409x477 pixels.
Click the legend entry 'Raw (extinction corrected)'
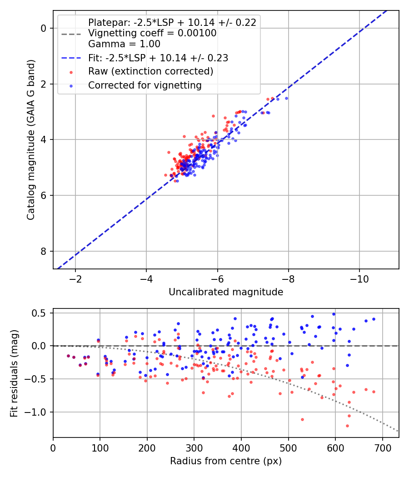coord(150,71)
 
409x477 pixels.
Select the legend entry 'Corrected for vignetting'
coord(145,85)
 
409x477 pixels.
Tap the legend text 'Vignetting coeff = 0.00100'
coord(152,33)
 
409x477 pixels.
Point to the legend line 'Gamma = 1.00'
coord(124,44)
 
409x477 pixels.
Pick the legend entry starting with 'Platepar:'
coord(172,23)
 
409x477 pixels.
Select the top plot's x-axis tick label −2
coord(75,279)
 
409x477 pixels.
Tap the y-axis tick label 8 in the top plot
coord(44,251)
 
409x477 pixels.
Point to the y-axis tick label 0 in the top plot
coord(44,28)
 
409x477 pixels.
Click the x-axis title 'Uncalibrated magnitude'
coord(226,292)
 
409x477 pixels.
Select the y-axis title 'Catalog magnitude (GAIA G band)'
coord(31,139)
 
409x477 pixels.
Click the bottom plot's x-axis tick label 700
coord(382,448)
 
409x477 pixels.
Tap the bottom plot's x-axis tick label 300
coord(194,448)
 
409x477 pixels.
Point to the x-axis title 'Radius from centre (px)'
coord(226,461)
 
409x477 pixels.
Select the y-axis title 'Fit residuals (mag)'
coord(14,373)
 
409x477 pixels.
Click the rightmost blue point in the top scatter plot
coord(286,99)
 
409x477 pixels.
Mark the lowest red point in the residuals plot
coord(347,426)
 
